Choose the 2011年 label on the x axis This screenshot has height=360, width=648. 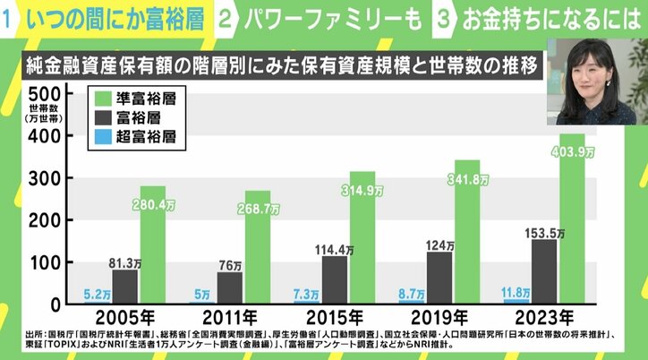pyautogui.click(x=231, y=317)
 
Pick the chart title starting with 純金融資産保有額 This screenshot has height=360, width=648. pyautogui.click(x=277, y=66)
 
